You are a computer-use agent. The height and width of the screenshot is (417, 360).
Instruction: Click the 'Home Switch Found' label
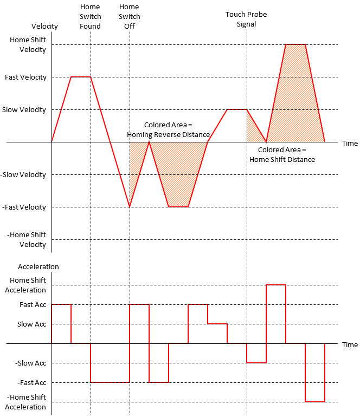tap(90, 16)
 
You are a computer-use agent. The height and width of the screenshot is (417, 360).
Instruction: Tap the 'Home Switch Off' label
tap(130, 16)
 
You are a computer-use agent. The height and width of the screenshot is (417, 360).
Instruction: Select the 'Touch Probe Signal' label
tap(246, 19)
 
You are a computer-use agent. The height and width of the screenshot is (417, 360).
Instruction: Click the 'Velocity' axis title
tap(45, 26)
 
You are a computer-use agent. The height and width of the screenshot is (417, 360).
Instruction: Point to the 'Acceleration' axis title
tap(38, 266)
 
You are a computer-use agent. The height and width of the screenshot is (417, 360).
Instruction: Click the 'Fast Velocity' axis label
tap(25, 77)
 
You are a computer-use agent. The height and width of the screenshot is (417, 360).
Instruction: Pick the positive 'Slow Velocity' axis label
tap(24, 109)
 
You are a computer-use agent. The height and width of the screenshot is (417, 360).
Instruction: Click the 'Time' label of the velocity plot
tap(350, 143)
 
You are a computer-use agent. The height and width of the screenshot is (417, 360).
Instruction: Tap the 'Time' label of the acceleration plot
tap(350, 344)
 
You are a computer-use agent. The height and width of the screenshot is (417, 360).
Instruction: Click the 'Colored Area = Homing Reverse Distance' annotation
tap(168, 129)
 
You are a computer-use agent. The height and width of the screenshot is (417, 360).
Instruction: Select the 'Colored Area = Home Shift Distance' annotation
tap(282, 154)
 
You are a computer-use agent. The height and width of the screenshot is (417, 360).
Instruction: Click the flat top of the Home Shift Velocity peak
tap(295, 44)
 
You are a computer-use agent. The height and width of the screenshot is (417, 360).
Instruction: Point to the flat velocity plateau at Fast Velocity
tap(81, 77)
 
